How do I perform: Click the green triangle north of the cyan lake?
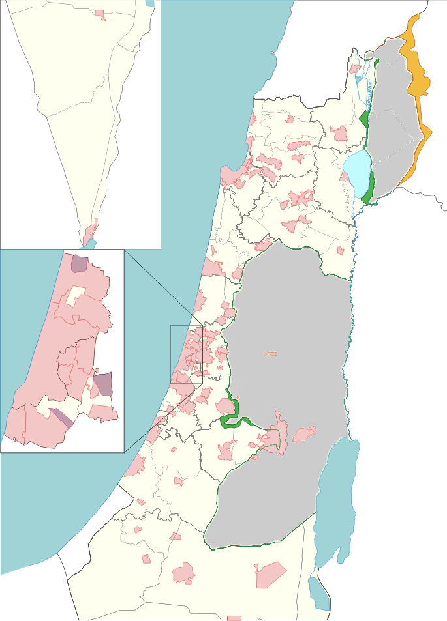coord(364,119)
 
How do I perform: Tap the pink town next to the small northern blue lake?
coord(354,68)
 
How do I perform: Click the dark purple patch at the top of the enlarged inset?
coord(79,264)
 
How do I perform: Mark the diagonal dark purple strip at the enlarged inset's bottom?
coord(61,417)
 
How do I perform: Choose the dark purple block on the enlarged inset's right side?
coord(102,384)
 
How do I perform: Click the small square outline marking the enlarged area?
coord(187,354)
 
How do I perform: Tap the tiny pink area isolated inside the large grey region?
coord(270,353)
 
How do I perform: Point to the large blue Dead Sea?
coord(336,495)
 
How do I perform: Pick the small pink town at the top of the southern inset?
coord(100,13)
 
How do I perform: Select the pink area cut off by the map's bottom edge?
coord(234,618)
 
